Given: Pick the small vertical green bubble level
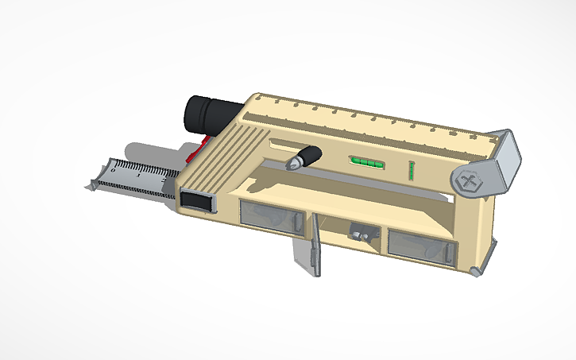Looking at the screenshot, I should tap(412, 169).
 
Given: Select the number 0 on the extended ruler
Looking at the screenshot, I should tap(113, 168).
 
